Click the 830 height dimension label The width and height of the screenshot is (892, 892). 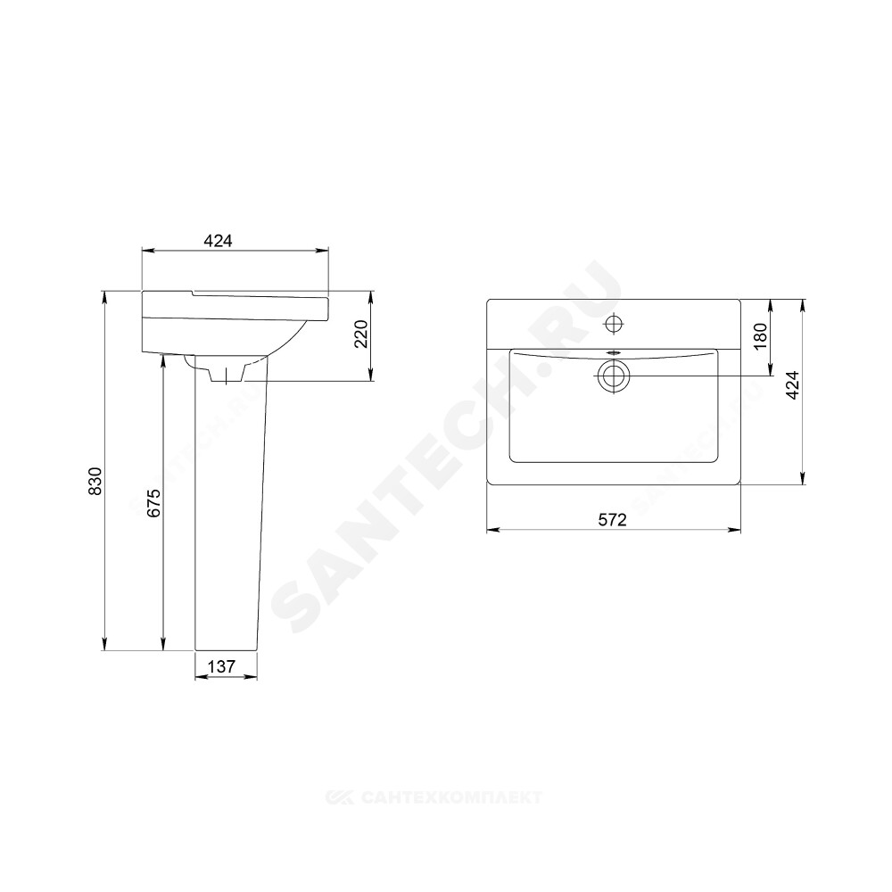pyautogui.click(x=95, y=481)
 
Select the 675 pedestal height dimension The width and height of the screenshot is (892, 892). pyautogui.click(x=154, y=503)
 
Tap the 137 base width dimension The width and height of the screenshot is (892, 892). pyautogui.click(x=221, y=666)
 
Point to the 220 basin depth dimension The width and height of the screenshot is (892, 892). pyautogui.click(x=362, y=334)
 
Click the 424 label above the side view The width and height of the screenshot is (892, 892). pyautogui.click(x=218, y=241)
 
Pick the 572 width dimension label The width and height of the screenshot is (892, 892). pyautogui.click(x=612, y=519)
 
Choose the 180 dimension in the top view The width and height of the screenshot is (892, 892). pyautogui.click(x=761, y=335)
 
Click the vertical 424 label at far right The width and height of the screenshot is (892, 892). pyautogui.click(x=792, y=384)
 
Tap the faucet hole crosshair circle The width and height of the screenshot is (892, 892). pyautogui.click(x=614, y=324)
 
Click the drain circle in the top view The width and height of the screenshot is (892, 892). pyautogui.click(x=614, y=376)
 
